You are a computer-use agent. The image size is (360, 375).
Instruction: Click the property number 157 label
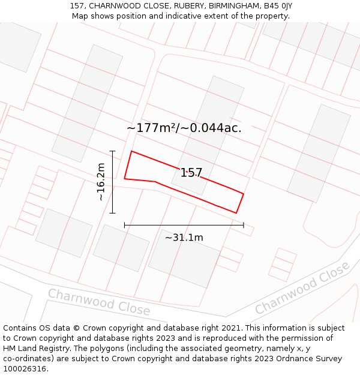[191, 173]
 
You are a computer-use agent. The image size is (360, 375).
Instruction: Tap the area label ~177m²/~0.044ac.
[184, 128]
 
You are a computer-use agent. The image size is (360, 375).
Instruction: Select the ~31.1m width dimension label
[184, 238]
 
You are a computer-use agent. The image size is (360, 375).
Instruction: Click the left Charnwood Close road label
[99, 302]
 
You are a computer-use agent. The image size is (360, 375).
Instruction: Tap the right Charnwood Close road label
[302, 287]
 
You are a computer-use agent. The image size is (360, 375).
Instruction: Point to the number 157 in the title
[76, 6]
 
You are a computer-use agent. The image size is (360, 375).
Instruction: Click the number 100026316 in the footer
[25, 369]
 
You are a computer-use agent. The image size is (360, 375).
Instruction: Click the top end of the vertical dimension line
[112, 151]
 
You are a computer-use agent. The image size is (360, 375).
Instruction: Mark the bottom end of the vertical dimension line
[112, 213]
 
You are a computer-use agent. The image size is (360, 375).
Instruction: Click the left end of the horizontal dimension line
[125, 226]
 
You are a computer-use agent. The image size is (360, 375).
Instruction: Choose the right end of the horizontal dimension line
[244, 226]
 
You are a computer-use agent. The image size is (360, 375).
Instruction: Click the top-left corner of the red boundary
[131, 151]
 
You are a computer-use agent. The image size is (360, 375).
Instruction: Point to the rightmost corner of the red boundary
[243, 193]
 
